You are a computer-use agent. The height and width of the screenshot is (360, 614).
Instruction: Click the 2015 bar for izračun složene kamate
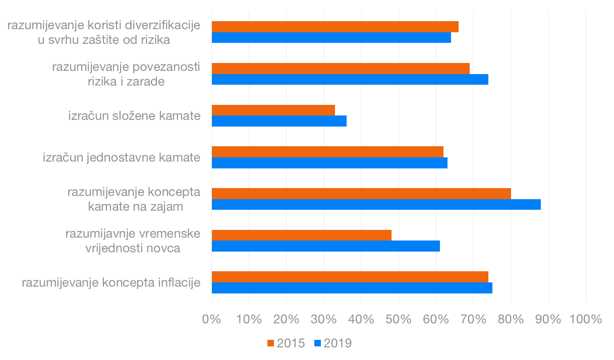click(273, 110)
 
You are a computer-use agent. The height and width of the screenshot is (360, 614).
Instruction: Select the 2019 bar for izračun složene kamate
click(279, 121)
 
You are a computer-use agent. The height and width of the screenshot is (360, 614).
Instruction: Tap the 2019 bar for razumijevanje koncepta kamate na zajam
click(376, 204)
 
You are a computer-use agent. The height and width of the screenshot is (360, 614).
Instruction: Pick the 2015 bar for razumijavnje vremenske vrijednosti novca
click(301, 235)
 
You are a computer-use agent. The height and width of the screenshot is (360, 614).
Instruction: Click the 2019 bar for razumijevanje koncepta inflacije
click(352, 287)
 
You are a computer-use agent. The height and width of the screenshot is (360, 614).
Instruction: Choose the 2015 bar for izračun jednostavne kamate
click(327, 151)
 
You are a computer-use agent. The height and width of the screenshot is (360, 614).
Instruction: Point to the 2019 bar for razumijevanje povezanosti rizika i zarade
click(350, 80)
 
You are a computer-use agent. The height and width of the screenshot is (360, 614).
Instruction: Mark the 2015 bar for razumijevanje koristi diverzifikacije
click(335, 27)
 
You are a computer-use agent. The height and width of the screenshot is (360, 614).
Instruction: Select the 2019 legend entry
click(332, 343)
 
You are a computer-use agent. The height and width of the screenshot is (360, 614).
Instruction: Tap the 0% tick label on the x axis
click(211, 319)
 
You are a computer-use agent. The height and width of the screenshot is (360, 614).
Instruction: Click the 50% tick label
click(399, 319)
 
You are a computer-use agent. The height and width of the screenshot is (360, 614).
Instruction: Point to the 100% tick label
click(585, 319)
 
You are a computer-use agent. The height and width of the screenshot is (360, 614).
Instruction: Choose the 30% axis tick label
click(324, 319)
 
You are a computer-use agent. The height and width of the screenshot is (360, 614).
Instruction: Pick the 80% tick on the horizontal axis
click(511, 319)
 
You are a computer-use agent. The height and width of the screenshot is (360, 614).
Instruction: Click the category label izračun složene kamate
click(135, 116)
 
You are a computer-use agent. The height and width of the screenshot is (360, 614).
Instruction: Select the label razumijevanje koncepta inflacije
click(111, 282)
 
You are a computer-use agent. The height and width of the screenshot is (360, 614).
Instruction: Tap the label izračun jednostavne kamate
click(122, 157)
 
